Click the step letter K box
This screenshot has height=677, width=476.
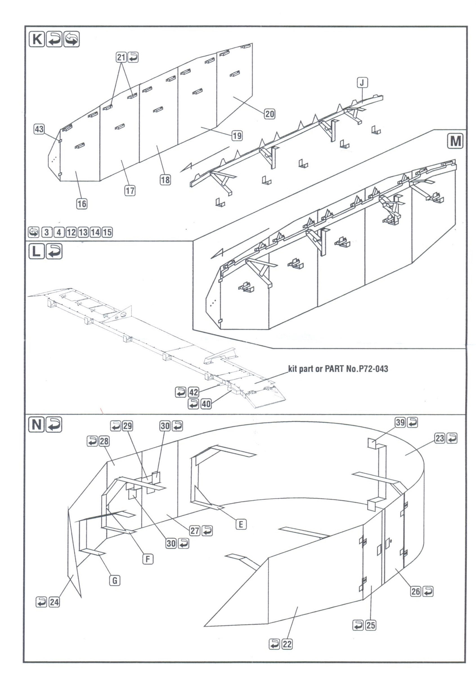coord(37,39)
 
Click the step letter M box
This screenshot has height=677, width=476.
coord(455,141)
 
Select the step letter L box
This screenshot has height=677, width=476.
coord(37,252)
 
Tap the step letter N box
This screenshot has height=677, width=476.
coord(36,425)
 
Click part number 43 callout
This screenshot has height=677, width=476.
coord(39,129)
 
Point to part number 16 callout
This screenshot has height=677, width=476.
coord(82,204)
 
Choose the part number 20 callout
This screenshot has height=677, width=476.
coord(270,114)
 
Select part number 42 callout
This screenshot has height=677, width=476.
coord(194,393)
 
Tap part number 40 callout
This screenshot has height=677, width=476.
coord(206,404)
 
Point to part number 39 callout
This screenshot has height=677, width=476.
coord(400,423)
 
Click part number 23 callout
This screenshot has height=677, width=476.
coord(440,438)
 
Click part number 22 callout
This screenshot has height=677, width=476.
coord(287,644)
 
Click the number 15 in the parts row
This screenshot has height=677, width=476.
coord(107,232)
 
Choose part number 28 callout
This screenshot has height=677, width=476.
coord(104,441)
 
